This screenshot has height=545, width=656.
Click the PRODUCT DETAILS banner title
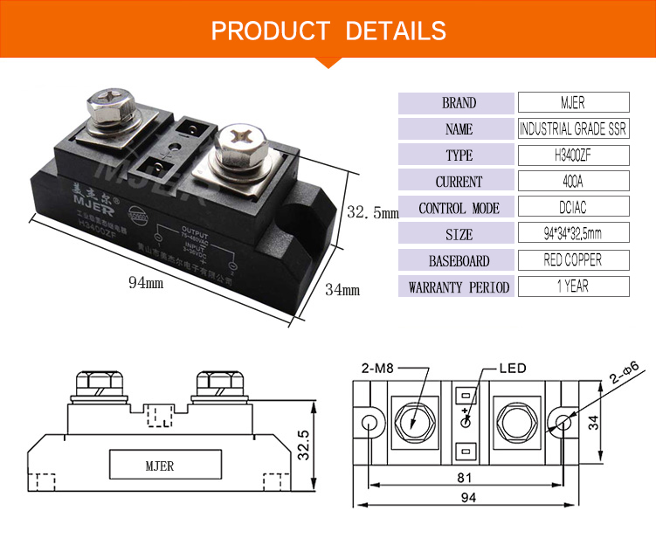(328, 31)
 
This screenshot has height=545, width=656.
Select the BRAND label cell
(459, 103)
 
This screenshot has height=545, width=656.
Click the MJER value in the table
(574, 103)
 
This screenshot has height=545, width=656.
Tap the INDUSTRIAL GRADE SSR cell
(574, 129)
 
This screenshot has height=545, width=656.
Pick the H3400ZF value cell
(574, 155)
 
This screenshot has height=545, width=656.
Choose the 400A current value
(574, 182)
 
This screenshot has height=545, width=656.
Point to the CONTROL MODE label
(459, 209)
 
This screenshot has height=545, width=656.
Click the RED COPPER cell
(574, 260)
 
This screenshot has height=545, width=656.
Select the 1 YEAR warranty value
(574, 286)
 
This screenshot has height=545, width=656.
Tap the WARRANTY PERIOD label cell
(459, 287)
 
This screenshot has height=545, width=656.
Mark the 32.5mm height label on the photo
(372, 212)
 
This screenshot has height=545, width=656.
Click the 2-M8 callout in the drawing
(377, 369)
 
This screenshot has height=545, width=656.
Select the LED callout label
(512, 369)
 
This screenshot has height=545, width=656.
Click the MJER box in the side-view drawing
(159, 466)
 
